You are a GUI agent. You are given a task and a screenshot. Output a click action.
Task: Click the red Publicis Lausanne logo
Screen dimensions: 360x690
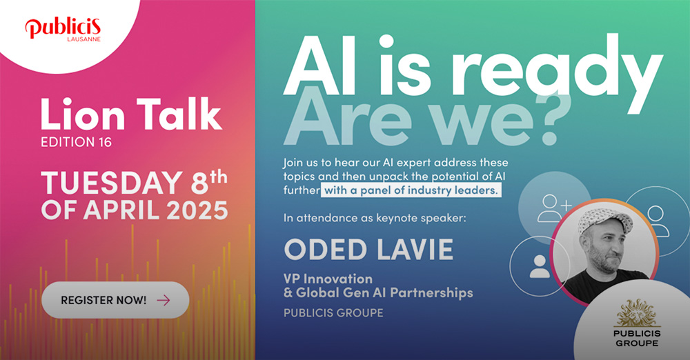coord(63,29)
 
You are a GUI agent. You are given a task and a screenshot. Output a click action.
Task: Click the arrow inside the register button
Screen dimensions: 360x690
coord(163,300)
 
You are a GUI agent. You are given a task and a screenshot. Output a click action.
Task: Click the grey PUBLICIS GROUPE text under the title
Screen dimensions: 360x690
coord(333,313)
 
